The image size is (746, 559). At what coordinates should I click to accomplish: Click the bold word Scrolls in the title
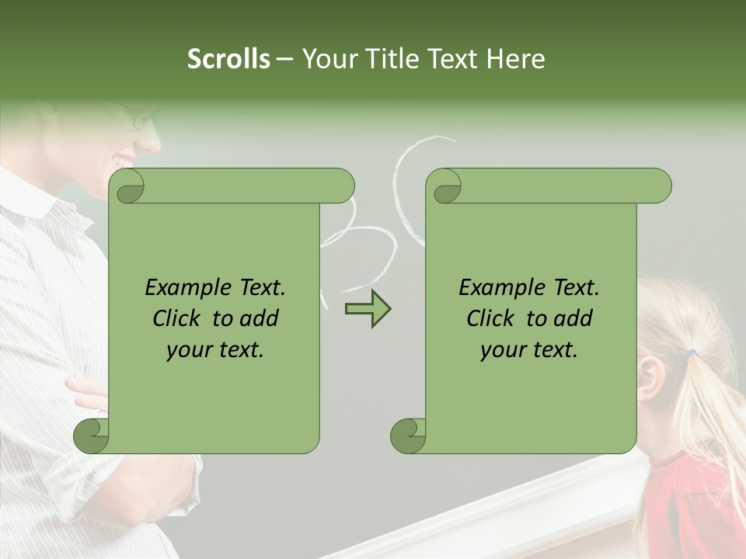(x=229, y=59)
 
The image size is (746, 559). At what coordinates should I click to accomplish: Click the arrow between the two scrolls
(x=368, y=309)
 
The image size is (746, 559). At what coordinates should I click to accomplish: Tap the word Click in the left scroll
(x=180, y=318)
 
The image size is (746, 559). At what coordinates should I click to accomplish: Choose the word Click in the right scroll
(x=493, y=318)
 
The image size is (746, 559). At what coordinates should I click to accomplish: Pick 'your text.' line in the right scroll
(x=529, y=350)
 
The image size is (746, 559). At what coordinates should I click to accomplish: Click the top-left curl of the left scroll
(x=127, y=186)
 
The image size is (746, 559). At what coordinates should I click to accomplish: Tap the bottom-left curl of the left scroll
(x=91, y=436)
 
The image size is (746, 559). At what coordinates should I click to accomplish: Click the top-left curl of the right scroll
(x=444, y=186)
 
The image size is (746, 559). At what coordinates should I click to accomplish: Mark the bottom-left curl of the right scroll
(x=408, y=436)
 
